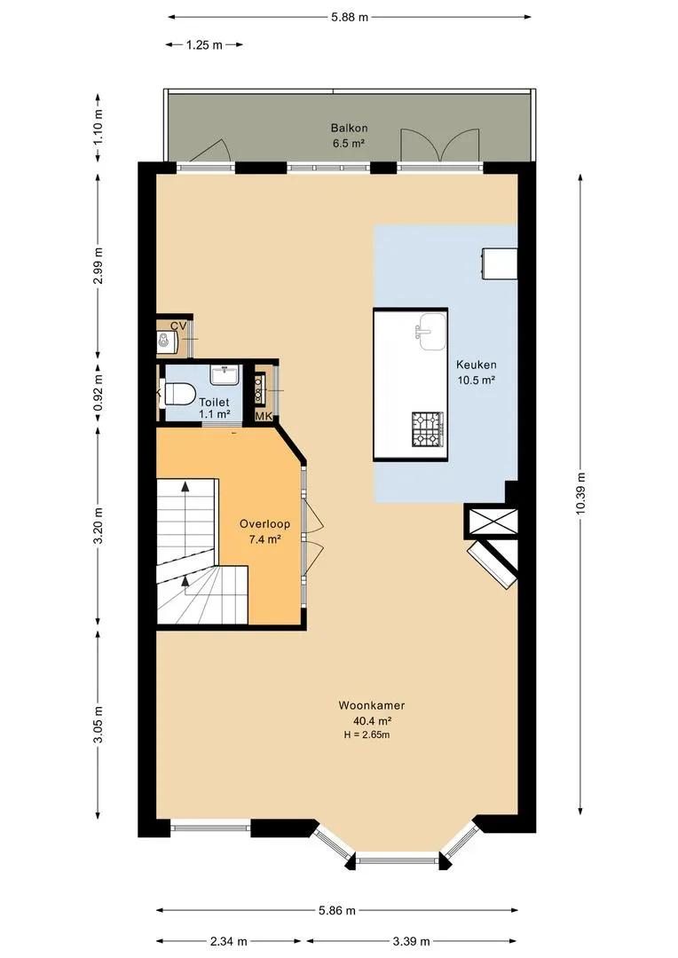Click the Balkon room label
click(349, 129)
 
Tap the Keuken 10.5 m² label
click(477, 372)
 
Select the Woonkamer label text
click(372, 706)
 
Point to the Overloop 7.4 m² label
click(264, 531)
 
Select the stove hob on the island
click(428, 429)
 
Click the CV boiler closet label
click(177, 326)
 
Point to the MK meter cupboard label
click(264, 416)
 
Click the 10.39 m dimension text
click(580, 494)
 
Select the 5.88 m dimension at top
click(350, 17)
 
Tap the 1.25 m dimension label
click(204, 44)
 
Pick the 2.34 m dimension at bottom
click(229, 941)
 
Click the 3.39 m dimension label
click(411, 941)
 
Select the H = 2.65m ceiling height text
click(367, 735)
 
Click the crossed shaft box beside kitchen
click(492, 522)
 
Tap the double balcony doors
click(439, 146)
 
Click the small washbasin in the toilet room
click(225, 374)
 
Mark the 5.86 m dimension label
click(337, 911)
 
